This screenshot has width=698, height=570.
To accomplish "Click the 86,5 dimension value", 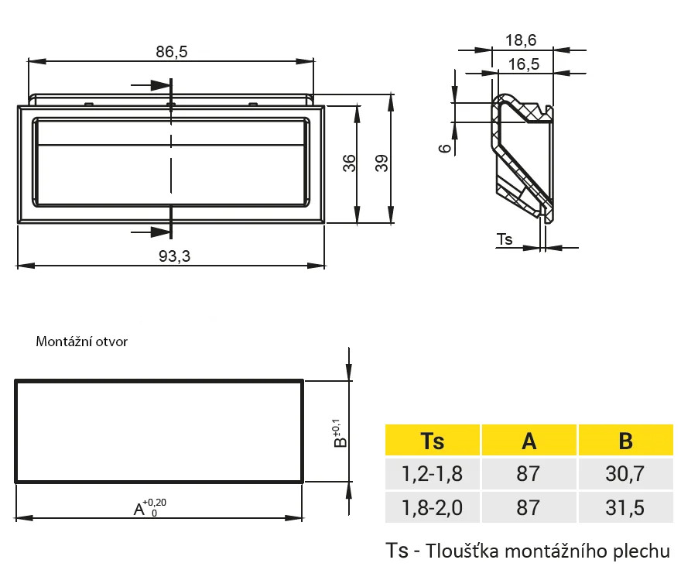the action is (x=171, y=52).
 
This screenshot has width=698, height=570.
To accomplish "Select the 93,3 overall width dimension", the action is (x=175, y=256).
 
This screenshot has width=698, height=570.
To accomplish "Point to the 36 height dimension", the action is (x=350, y=163).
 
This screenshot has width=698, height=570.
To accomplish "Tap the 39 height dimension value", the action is (x=382, y=163).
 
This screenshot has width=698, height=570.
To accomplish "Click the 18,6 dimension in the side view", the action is (x=521, y=40).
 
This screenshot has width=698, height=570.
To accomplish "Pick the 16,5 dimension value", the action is (x=523, y=64).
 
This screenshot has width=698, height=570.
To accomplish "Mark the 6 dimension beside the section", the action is (x=445, y=148).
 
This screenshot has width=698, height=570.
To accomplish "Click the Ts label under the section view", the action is (x=505, y=239).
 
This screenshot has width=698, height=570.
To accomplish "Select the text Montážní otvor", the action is (x=81, y=342).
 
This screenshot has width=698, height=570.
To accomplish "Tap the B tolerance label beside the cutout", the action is (x=339, y=434).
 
